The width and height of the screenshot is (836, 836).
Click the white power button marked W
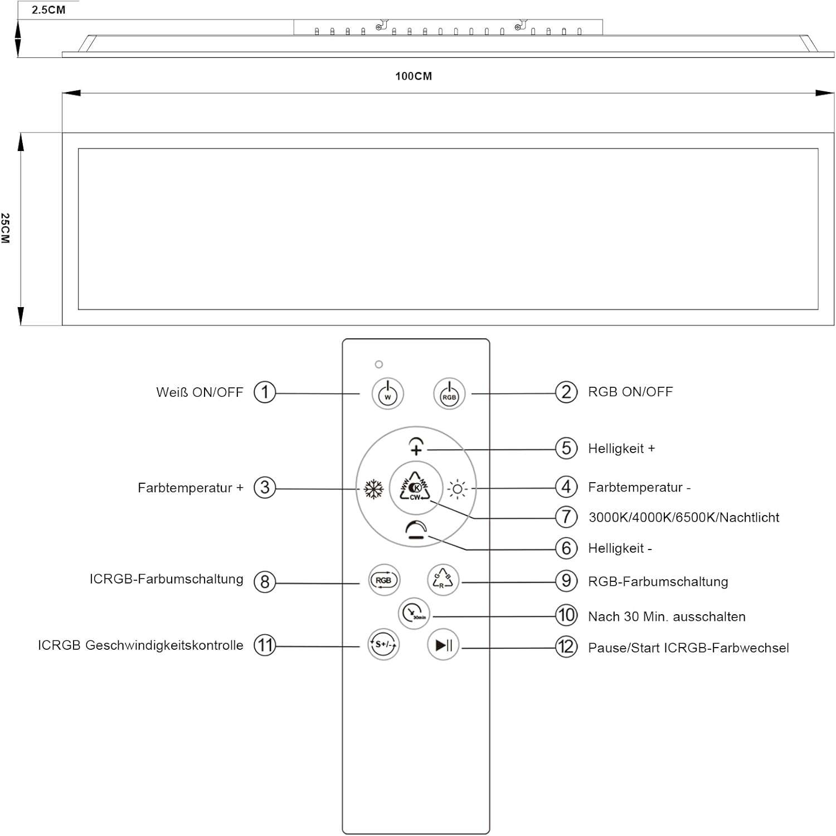point(388,393)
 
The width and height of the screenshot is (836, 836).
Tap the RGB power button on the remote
point(449,393)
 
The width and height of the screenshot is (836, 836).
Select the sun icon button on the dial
point(458,489)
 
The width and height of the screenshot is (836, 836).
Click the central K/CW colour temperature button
point(416,488)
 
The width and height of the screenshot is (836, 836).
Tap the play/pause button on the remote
point(443,645)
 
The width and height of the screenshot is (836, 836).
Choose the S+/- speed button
point(383,645)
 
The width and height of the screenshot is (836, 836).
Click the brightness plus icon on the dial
point(416,446)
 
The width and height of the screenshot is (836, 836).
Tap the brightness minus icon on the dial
point(416,529)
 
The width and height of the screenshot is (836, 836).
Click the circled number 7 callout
point(566,517)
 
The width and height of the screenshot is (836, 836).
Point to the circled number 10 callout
point(566,615)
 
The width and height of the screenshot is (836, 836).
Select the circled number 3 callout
point(265,488)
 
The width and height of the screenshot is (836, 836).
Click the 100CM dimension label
point(414,76)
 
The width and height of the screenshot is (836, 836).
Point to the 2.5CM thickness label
point(48,10)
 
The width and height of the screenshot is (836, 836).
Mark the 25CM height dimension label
point(6,228)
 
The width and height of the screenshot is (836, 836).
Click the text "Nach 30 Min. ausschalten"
point(667,616)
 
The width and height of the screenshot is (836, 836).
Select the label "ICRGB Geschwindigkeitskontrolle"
point(140,645)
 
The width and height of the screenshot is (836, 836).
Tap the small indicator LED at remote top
point(379,364)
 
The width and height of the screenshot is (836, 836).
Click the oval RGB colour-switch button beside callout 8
point(384,580)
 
